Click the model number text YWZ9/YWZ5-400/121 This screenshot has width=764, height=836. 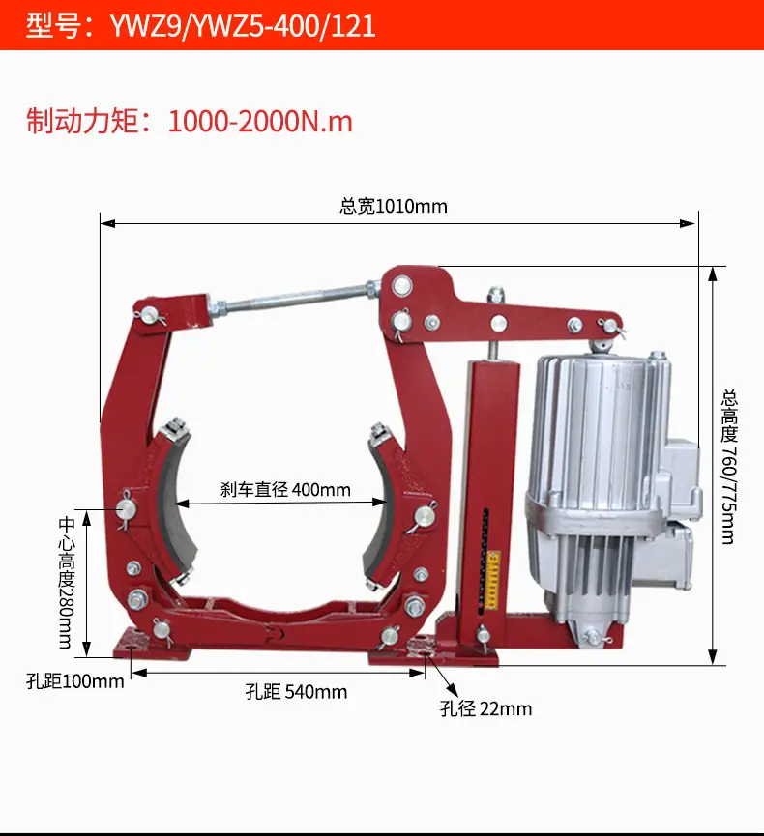click(x=243, y=25)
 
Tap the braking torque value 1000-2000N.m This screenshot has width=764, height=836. click(x=260, y=122)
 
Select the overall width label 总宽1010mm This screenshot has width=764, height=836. click(x=394, y=206)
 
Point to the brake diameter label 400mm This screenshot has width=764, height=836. click(x=285, y=489)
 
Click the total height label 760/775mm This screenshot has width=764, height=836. click(x=729, y=467)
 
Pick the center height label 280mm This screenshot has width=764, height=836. click(x=66, y=582)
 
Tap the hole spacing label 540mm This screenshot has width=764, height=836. click(x=296, y=692)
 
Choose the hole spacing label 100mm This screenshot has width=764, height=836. click(x=74, y=681)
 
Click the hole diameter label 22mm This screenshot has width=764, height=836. click(x=485, y=708)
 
